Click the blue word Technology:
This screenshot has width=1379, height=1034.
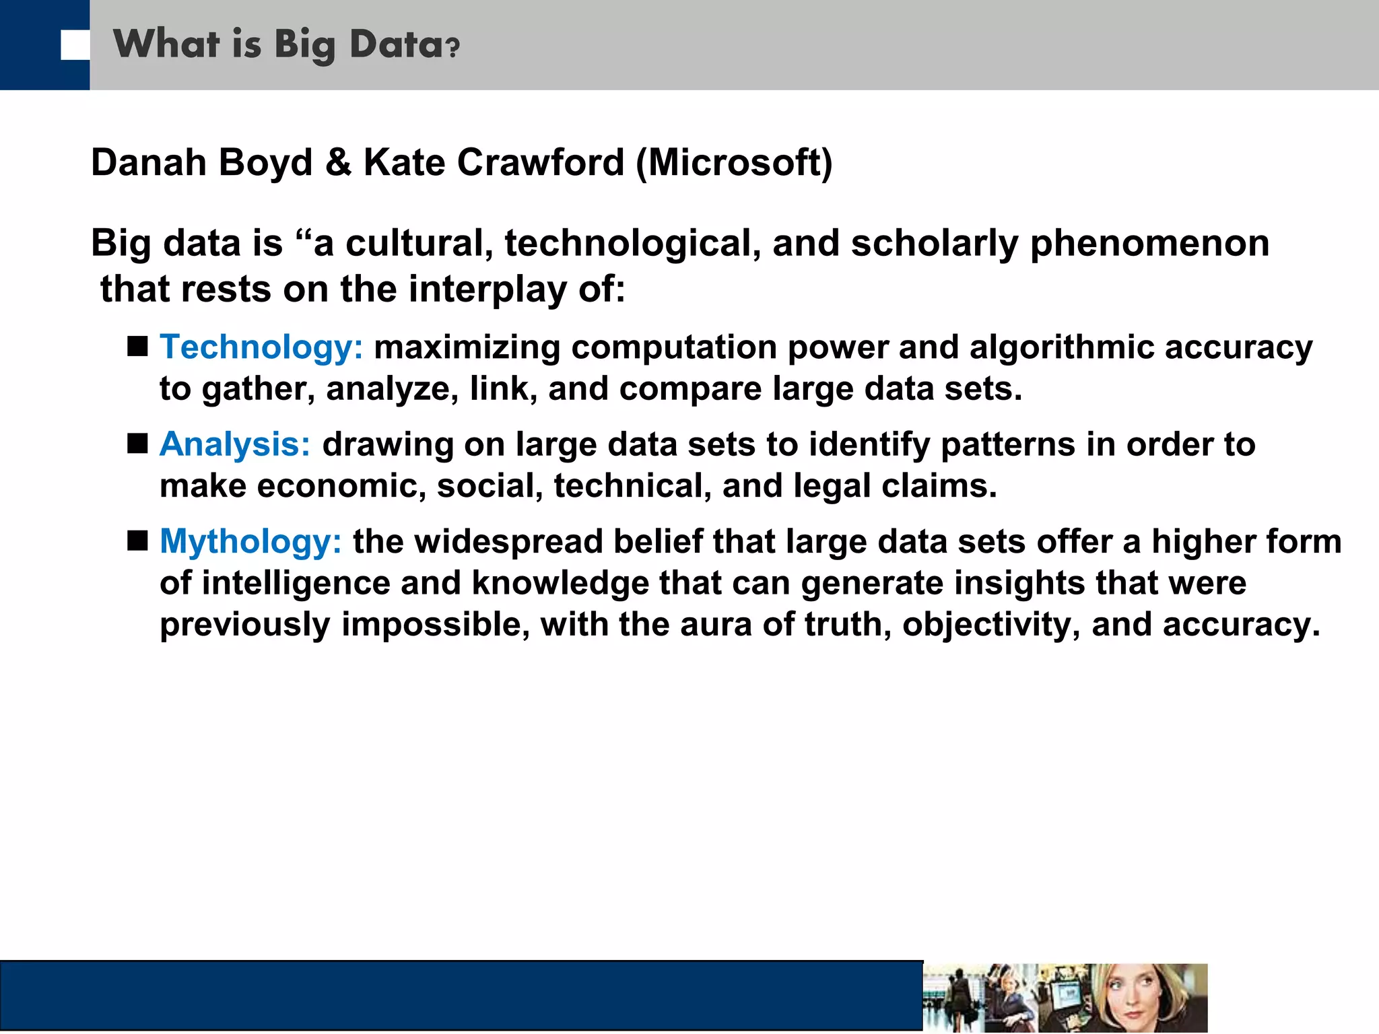(261, 348)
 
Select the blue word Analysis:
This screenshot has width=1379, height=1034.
(235, 445)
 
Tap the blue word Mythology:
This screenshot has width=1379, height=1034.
(250, 542)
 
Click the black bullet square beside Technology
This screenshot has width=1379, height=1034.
(138, 347)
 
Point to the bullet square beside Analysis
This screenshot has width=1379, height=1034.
(138, 444)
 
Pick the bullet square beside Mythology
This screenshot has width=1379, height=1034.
(138, 541)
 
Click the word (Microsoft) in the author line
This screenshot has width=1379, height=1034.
(734, 164)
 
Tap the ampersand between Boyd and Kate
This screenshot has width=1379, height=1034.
(338, 164)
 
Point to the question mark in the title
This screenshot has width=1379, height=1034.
(453, 47)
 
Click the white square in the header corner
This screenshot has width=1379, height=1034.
(75, 45)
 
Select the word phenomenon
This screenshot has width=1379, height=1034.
(1149, 244)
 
